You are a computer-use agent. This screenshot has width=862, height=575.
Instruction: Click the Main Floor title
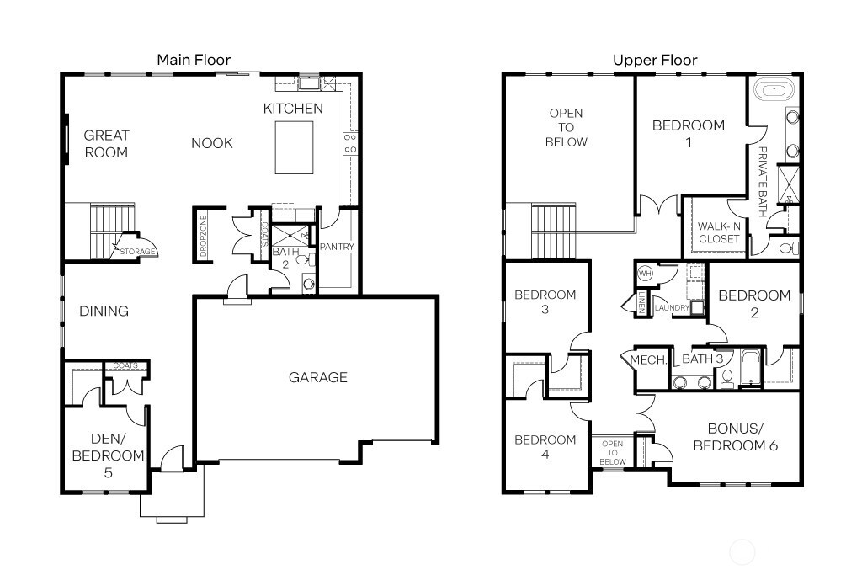point(194,59)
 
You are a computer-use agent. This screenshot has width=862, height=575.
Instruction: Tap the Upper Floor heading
point(654,60)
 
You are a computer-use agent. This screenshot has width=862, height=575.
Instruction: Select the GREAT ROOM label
point(106,143)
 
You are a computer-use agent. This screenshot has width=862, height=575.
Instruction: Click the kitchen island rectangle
point(294,147)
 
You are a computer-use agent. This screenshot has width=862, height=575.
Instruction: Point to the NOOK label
point(211,143)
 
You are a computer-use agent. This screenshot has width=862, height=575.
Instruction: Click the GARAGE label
point(317,377)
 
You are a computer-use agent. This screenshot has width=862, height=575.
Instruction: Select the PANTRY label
point(337,247)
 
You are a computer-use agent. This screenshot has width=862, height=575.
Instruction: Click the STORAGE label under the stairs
point(135,251)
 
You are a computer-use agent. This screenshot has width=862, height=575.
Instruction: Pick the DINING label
point(104,311)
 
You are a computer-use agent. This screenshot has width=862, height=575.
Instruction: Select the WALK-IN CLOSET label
point(718,232)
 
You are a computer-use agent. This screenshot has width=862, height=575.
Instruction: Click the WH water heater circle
point(646,273)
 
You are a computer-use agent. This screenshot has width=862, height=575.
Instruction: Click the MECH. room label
point(648,360)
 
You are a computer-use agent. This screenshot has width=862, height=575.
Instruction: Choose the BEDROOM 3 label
point(545,302)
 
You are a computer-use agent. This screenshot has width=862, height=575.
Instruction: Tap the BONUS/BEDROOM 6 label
point(735,436)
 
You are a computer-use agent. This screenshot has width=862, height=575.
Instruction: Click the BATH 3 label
point(702,359)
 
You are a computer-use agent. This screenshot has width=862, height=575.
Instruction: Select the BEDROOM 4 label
point(545,447)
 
